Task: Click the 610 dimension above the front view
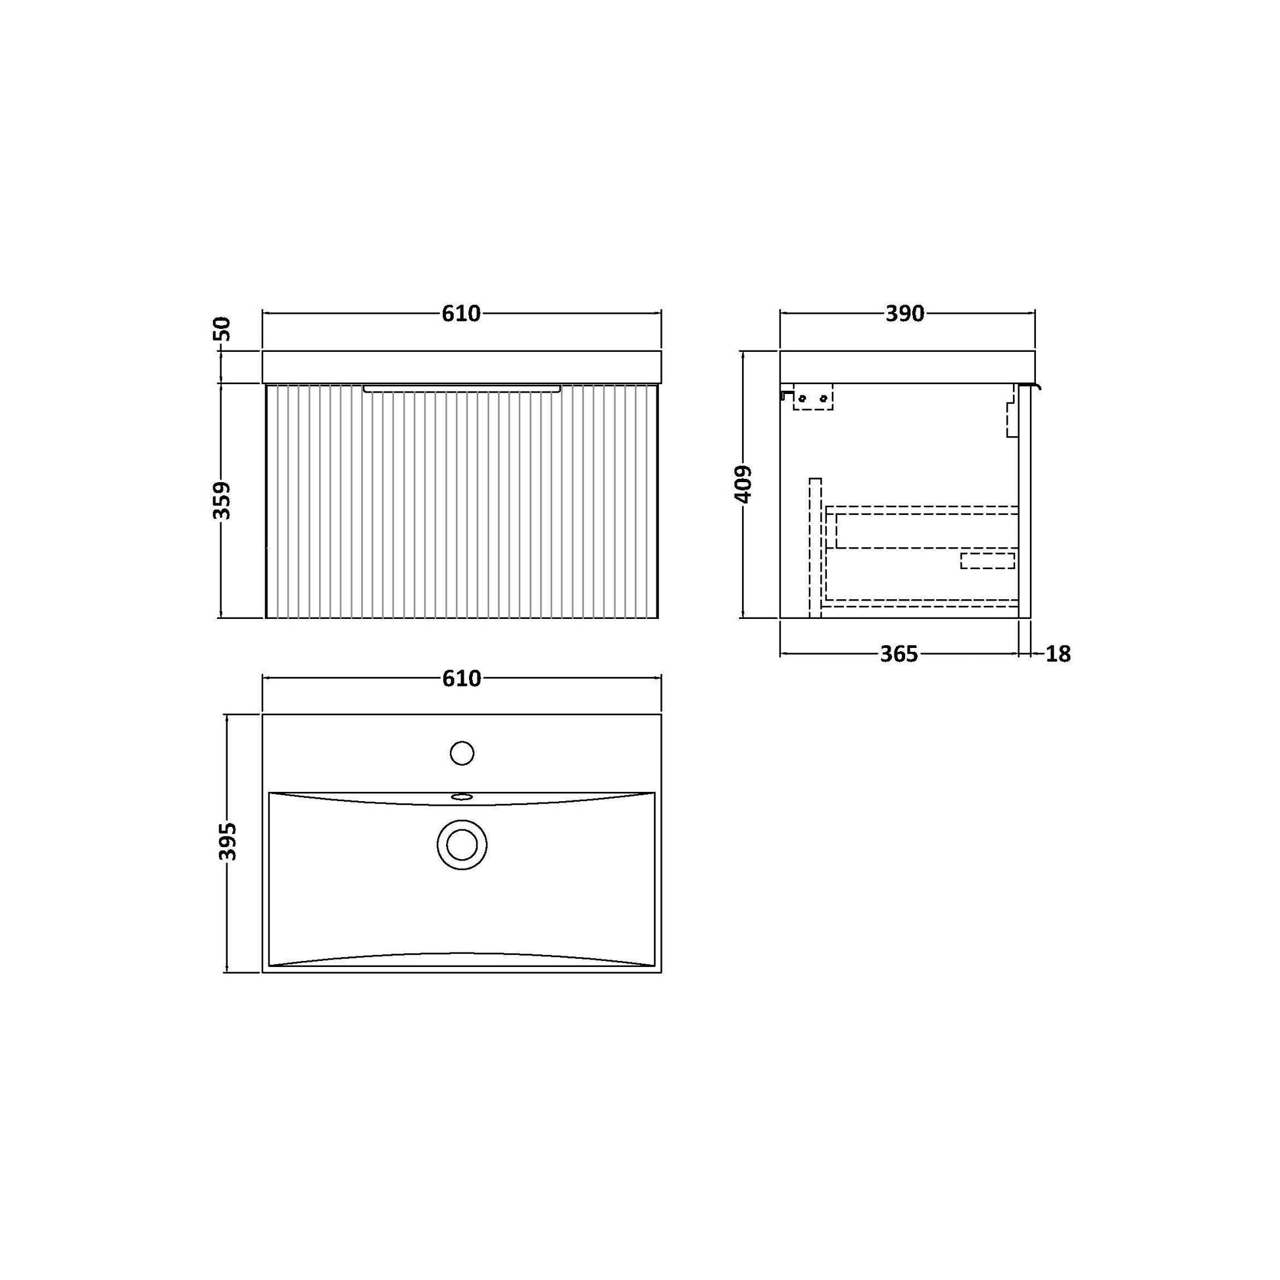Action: (x=461, y=313)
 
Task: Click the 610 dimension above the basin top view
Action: (x=461, y=678)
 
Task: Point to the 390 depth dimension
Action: (x=904, y=313)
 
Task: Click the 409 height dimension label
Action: (x=745, y=483)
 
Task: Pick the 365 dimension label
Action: (x=899, y=654)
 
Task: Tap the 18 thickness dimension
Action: (x=1058, y=654)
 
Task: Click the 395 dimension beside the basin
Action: (x=227, y=841)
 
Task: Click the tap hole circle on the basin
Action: (x=461, y=753)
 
